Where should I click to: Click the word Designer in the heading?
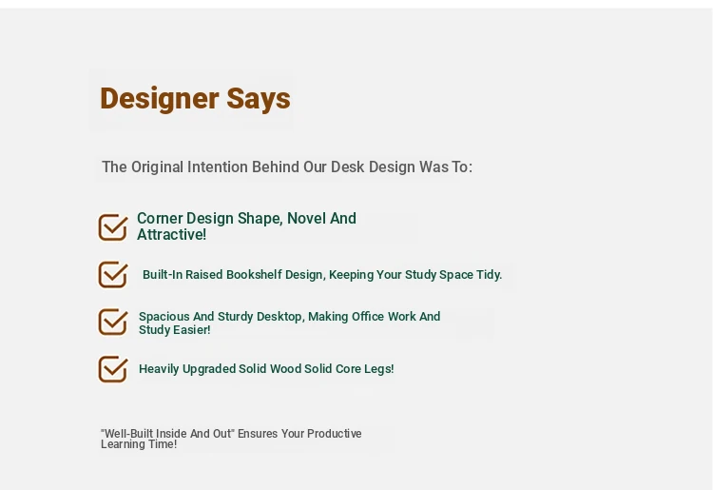tap(159, 99)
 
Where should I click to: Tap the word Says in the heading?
tap(259, 99)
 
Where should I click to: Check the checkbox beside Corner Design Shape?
tap(113, 227)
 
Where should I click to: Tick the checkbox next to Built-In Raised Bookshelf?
tap(113, 274)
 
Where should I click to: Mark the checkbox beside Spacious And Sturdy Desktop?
tap(113, 322)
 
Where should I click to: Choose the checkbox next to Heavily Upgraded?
tap(113, 369)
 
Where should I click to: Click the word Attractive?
tap(171, 235)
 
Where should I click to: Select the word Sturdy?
tap(235, 317)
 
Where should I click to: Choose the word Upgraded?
tap(209, 369)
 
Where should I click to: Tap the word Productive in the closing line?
tap(335, 434)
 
